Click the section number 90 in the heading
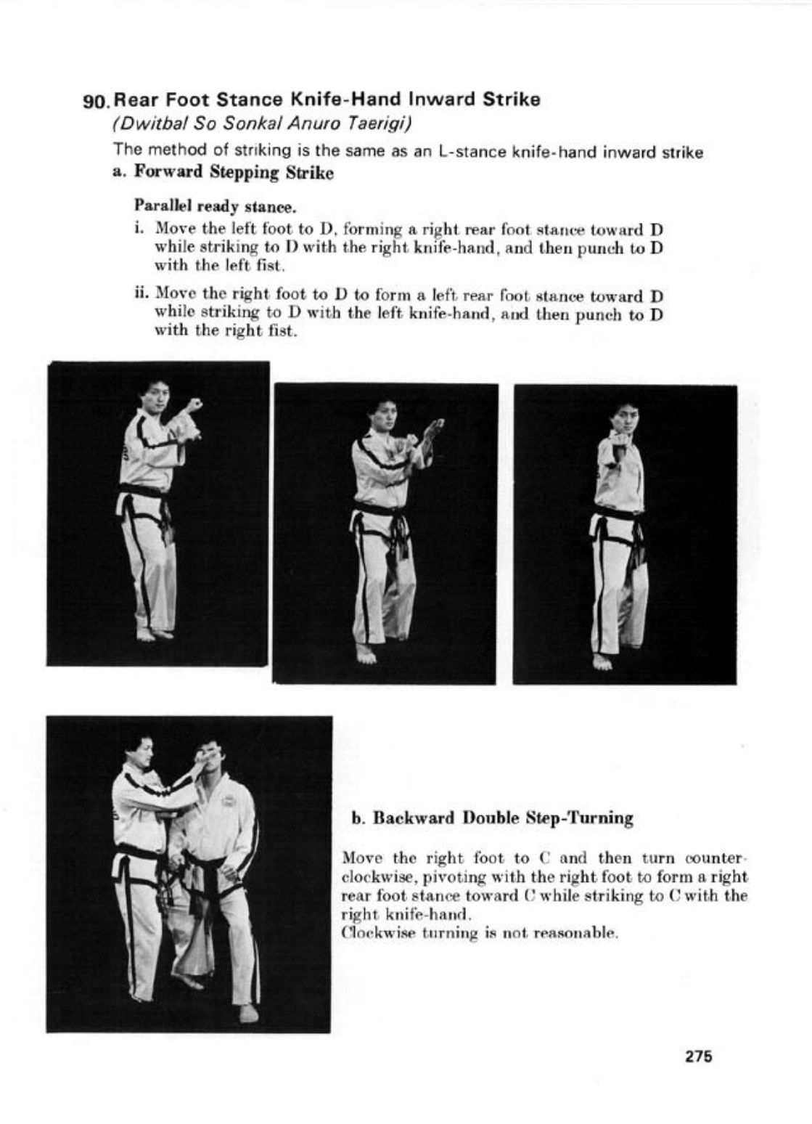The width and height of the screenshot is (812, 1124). pyautogui.click(x=97, y=101)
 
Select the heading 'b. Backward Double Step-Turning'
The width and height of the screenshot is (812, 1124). pyautogui.click(x=492, y=818)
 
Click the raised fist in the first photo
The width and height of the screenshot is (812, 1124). pyautogui.click(x=194, y=404)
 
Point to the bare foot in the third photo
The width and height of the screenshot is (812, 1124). pyautogui.click(x=601, y=662)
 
